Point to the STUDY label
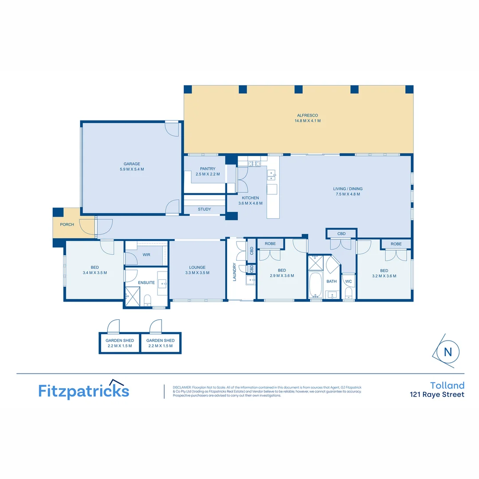[x=204, y=209]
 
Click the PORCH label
[x=67, y=224]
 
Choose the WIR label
[x=146, y=255]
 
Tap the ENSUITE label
[x=146, y=283]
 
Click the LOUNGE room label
[x=197, y=267]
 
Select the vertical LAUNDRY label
[x=234, y=272]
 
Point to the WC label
[x=348, y=281]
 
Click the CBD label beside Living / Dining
[x=341, y=233]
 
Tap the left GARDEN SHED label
[x=119, y=340]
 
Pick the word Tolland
[x=447, y=385]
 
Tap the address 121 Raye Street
[x=437, y=395]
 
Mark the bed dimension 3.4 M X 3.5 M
[x=94, y=273]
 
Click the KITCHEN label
[x=250, y=198]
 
